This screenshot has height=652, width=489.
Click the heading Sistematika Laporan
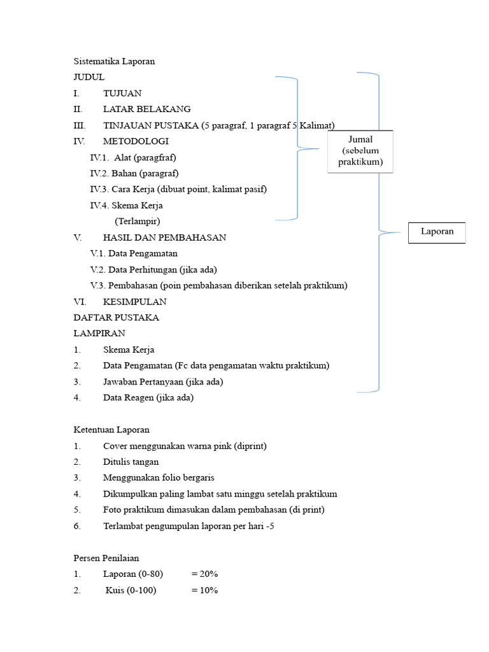114,62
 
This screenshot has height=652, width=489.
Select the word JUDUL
89,77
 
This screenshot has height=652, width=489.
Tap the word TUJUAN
122,93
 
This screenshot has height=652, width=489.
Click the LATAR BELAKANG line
146,109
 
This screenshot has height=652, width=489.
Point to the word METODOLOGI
136,141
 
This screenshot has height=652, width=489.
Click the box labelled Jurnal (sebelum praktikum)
360,152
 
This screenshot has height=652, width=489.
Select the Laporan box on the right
437,232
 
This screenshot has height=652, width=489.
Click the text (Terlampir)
138,222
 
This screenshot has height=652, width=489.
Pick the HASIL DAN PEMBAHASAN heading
164,237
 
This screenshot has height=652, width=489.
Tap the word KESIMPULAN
134,302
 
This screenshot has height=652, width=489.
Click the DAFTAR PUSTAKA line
116,318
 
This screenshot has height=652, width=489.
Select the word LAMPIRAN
99,334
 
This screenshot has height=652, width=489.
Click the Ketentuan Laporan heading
111,430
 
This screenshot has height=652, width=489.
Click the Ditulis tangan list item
131,462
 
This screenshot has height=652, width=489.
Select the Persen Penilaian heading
106,558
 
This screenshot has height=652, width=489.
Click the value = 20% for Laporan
204,574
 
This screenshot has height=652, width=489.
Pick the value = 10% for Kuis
204,590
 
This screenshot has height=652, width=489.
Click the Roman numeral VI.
79,302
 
